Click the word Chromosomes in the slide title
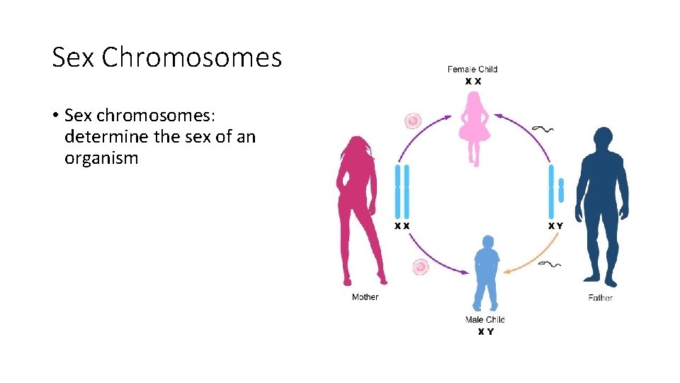pos(191,57)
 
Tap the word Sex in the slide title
pos(74,57)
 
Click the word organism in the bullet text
pos(101,157)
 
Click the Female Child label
pos(472,70)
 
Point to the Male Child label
pos(485,320)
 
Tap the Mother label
pos(365,296)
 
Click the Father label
pos(601,297)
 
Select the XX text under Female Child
pos(473,82)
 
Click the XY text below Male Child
pos(485,331)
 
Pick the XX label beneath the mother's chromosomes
pos(402,226)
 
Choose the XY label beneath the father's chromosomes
pos(556,226)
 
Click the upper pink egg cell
pos(413,121)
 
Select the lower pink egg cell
pos(421,267)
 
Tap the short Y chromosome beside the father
pos(561,191)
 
